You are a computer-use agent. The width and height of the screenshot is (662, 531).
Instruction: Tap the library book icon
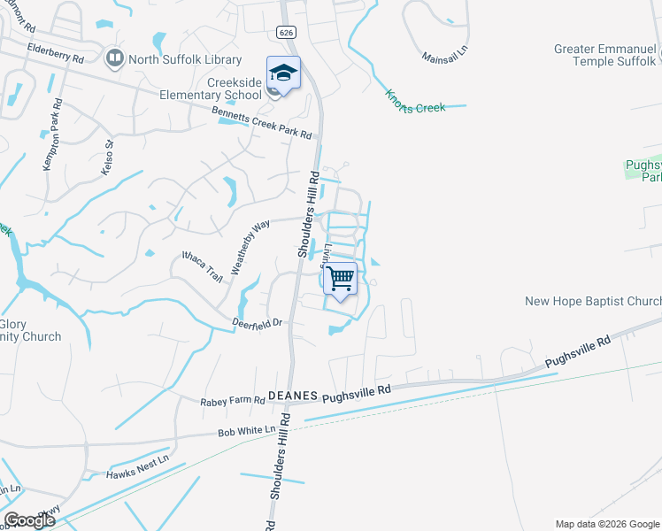[x=113, y=58]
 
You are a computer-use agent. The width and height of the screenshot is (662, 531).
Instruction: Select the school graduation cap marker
[x=283, y=73]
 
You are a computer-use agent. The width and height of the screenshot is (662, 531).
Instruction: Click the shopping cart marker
[x=340, y=279]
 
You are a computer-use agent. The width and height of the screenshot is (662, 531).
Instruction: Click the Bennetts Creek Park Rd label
[x=261, y=123]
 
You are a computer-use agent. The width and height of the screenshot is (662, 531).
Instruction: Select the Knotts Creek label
[x=414, y=100]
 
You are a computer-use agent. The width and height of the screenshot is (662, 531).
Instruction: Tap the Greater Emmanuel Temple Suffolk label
[x=605, y=55]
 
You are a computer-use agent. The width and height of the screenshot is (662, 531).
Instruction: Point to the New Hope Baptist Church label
[x=593, y=301]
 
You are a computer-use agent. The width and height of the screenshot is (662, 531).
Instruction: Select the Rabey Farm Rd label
[x=233, y=401]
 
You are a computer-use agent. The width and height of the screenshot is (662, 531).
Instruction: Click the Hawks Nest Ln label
[x=136, y=474]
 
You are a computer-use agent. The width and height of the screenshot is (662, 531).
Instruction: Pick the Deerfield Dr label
[x=257, y=322]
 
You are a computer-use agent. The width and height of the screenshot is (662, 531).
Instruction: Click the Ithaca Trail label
[x=202, y=265]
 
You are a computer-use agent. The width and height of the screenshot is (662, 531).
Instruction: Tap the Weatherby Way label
[x=250, y=248]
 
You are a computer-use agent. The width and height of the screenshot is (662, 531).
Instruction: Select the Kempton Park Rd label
[x=52, y=142]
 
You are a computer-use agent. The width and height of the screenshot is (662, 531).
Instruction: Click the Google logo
[x=29, y=520]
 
